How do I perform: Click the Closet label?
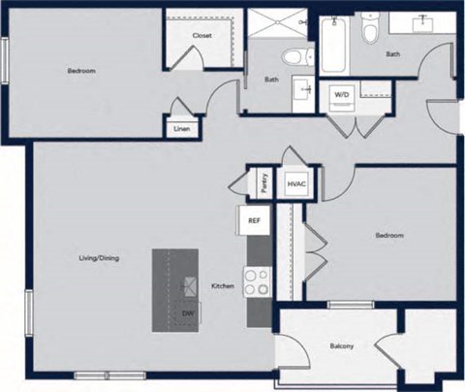coord(201,36)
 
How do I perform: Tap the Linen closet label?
coord(181,128)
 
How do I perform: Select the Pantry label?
coord(263,181)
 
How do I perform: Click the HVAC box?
coord(295,182)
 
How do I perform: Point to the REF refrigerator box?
coord(254,220)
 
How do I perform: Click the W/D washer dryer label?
coord(342,95)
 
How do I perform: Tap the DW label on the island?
coord(188,313)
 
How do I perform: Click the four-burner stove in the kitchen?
coord(258,283)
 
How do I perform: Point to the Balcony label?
coord(341,346)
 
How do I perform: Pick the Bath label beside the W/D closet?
coord(392,54)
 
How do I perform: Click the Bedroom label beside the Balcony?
coord(389,236)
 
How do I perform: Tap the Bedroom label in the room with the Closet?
coord(81,70)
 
